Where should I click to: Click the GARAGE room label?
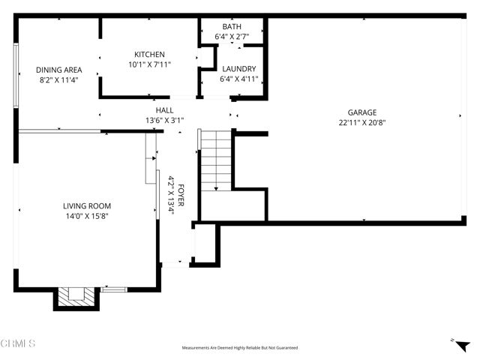[x=361, y=112]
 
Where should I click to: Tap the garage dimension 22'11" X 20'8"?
[x=361, y=122]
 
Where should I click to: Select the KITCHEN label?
[x=149, y=54]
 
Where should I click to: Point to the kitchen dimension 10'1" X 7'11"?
[x=149, y=64]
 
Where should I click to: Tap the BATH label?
[x=232, y=25]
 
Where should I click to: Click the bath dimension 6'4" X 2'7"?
[x=232, y=34]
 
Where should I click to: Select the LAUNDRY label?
[x=238, y=68]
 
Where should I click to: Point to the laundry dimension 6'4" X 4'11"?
[x=238, y=78]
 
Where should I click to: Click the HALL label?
[x=164, y=109]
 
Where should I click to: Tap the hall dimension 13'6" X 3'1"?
[x=164, y=119]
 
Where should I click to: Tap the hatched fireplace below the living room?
[x=76, y=297]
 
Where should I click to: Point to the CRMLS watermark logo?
[x=18, y=343]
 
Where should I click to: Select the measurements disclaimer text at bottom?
[x=239, y=348]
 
